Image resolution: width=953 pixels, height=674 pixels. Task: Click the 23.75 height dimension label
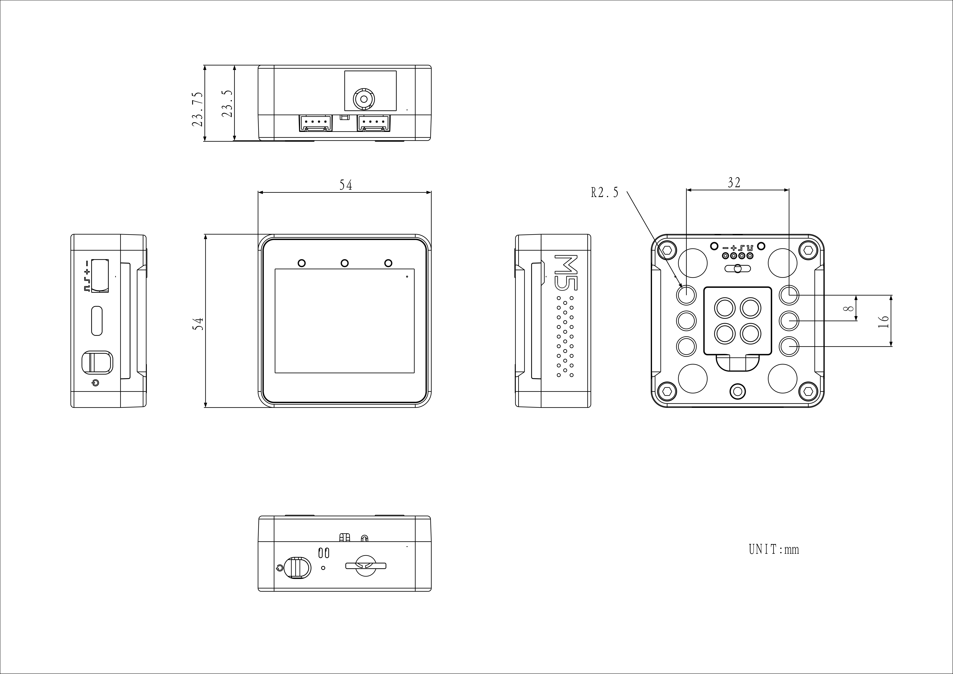pyautogui.click(x=198, y=110)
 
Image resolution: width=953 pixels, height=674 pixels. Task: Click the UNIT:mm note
pyautogui.click(x=774, y=549)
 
